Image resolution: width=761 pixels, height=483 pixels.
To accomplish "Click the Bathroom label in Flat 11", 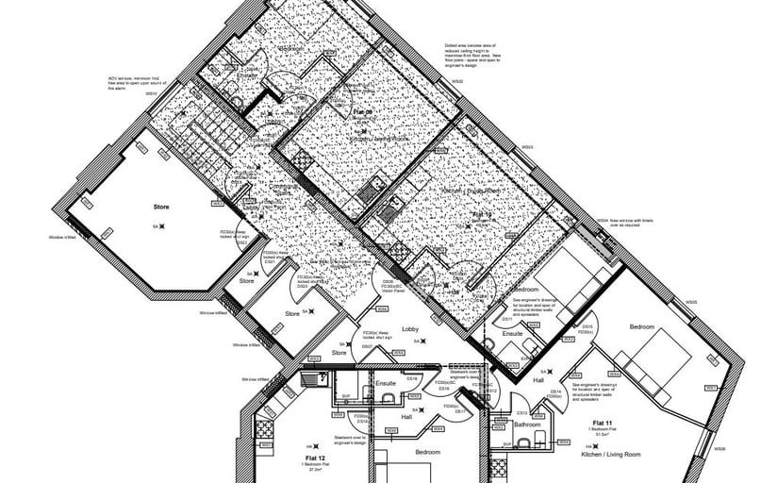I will (x=527, y=425).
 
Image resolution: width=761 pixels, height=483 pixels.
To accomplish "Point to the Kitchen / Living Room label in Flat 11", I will (x=613, y=454).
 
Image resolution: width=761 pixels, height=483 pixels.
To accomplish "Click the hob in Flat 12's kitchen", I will (x=264, y=429).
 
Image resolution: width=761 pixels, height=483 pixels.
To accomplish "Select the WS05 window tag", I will (x=691, y=303).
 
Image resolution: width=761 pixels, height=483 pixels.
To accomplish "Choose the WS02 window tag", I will (x=456, y=82).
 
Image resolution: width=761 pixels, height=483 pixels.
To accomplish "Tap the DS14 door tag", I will (x=555, y=391).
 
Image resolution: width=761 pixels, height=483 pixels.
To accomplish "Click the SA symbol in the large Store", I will (x=161, y=226).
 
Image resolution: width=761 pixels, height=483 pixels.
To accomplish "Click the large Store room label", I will (x=160, y=205).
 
